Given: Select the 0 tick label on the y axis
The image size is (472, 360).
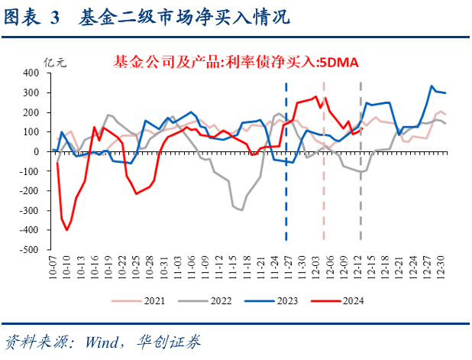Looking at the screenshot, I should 35,151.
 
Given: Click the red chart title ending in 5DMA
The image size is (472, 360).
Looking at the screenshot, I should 235,61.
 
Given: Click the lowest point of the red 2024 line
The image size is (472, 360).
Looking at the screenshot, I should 67,229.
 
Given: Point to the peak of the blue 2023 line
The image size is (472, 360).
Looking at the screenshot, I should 432,86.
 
